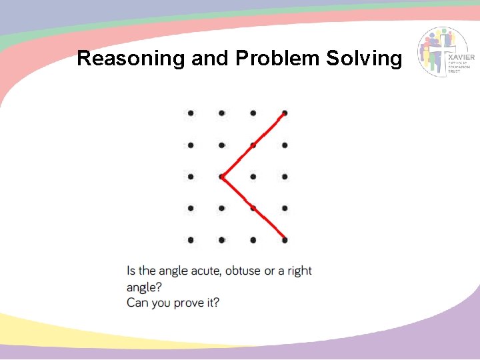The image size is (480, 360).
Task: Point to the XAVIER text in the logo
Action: [463, 58]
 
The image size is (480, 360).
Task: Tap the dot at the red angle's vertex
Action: [221, 177]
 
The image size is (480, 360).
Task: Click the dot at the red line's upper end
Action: [285, 113]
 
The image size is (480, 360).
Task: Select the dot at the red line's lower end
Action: [285, 239]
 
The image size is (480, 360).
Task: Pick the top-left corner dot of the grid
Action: [190, 113]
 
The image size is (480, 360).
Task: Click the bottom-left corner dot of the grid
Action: [190, 239]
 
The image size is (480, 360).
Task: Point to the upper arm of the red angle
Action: [253, 145]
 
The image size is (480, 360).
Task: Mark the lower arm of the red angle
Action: [253, 208]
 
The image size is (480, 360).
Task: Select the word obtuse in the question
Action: [243, 271]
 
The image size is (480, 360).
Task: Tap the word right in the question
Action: [299, 271]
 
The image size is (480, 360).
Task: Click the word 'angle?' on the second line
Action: [144, 287]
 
